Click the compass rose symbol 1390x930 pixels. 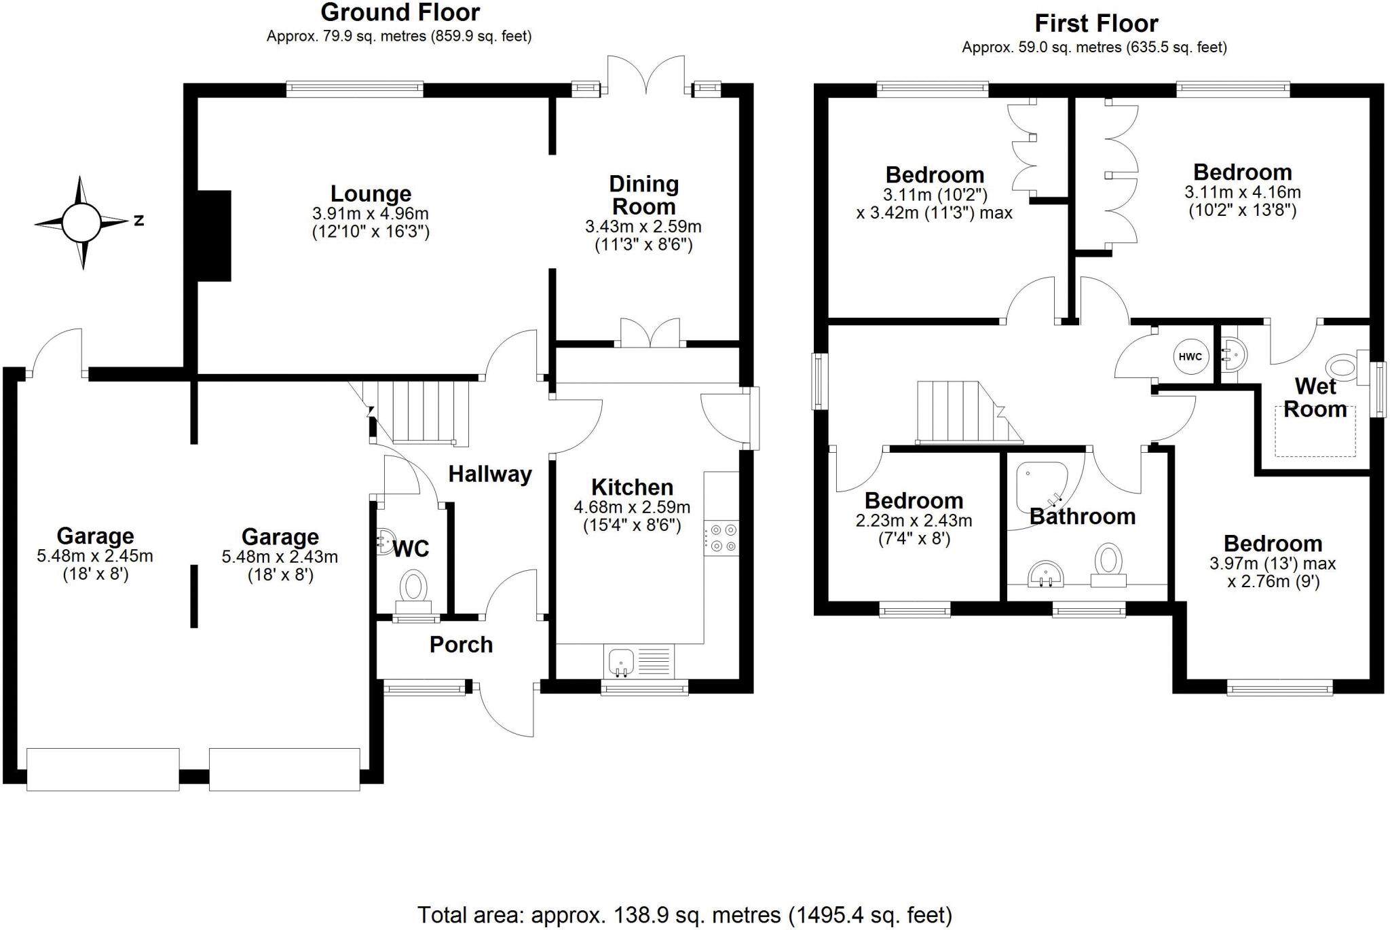coord(81,222)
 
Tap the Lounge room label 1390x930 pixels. coord(371,194)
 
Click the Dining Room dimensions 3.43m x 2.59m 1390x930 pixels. coord(643,227)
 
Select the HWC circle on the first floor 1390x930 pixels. coord(1190,357)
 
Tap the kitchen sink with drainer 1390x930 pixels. coord(638,662)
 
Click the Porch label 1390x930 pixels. coord(461,644)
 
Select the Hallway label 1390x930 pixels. coord(489,474)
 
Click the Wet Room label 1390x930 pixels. coord(1315,398)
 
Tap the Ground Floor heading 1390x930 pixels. coord(400,12)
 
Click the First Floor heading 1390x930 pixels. coord(1095,24)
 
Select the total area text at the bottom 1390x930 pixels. coord(684,915)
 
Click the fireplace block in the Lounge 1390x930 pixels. coord(214,236)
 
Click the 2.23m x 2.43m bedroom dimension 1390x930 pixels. coord(914,521)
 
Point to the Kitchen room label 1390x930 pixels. coord(632,487)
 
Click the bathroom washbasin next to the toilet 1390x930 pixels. coord(1046,574)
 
